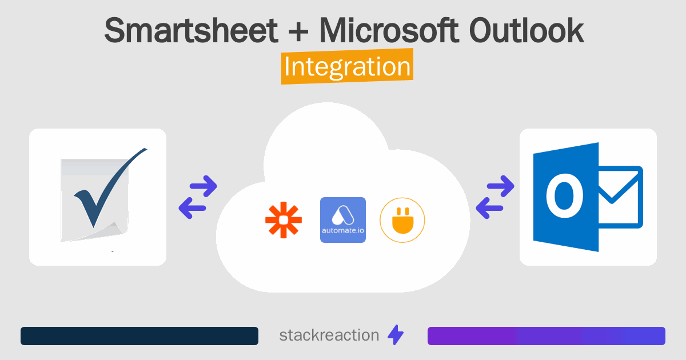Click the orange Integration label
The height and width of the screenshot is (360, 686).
347,67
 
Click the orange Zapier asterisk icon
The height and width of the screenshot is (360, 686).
283,220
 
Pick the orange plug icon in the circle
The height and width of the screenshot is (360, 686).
402,220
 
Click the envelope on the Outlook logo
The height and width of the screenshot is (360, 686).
620,197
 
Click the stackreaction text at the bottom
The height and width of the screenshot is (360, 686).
329,335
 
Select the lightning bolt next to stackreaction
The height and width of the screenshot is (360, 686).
396,335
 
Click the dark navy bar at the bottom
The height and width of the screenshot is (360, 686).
139,336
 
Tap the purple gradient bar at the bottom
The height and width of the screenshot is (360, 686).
546,336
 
